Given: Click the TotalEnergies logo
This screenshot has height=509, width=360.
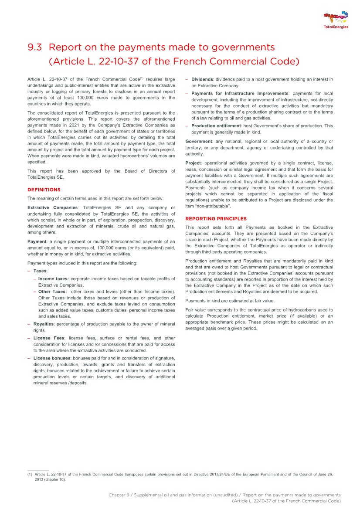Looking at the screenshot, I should [336, 20].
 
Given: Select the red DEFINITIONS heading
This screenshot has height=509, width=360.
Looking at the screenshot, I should [44, 190].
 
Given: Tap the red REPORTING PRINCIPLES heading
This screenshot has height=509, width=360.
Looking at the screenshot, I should [216, 219].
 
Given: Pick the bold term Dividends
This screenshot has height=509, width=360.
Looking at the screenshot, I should [202, 79].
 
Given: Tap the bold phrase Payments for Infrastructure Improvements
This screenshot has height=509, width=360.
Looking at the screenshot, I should [240, 93].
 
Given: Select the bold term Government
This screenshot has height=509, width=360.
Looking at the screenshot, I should [198, 141].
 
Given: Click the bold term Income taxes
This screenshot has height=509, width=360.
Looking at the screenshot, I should [53, 278].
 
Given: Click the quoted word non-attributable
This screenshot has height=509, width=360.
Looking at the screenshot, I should [213, 206].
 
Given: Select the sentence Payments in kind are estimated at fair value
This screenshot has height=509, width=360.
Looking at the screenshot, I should [229, 301].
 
